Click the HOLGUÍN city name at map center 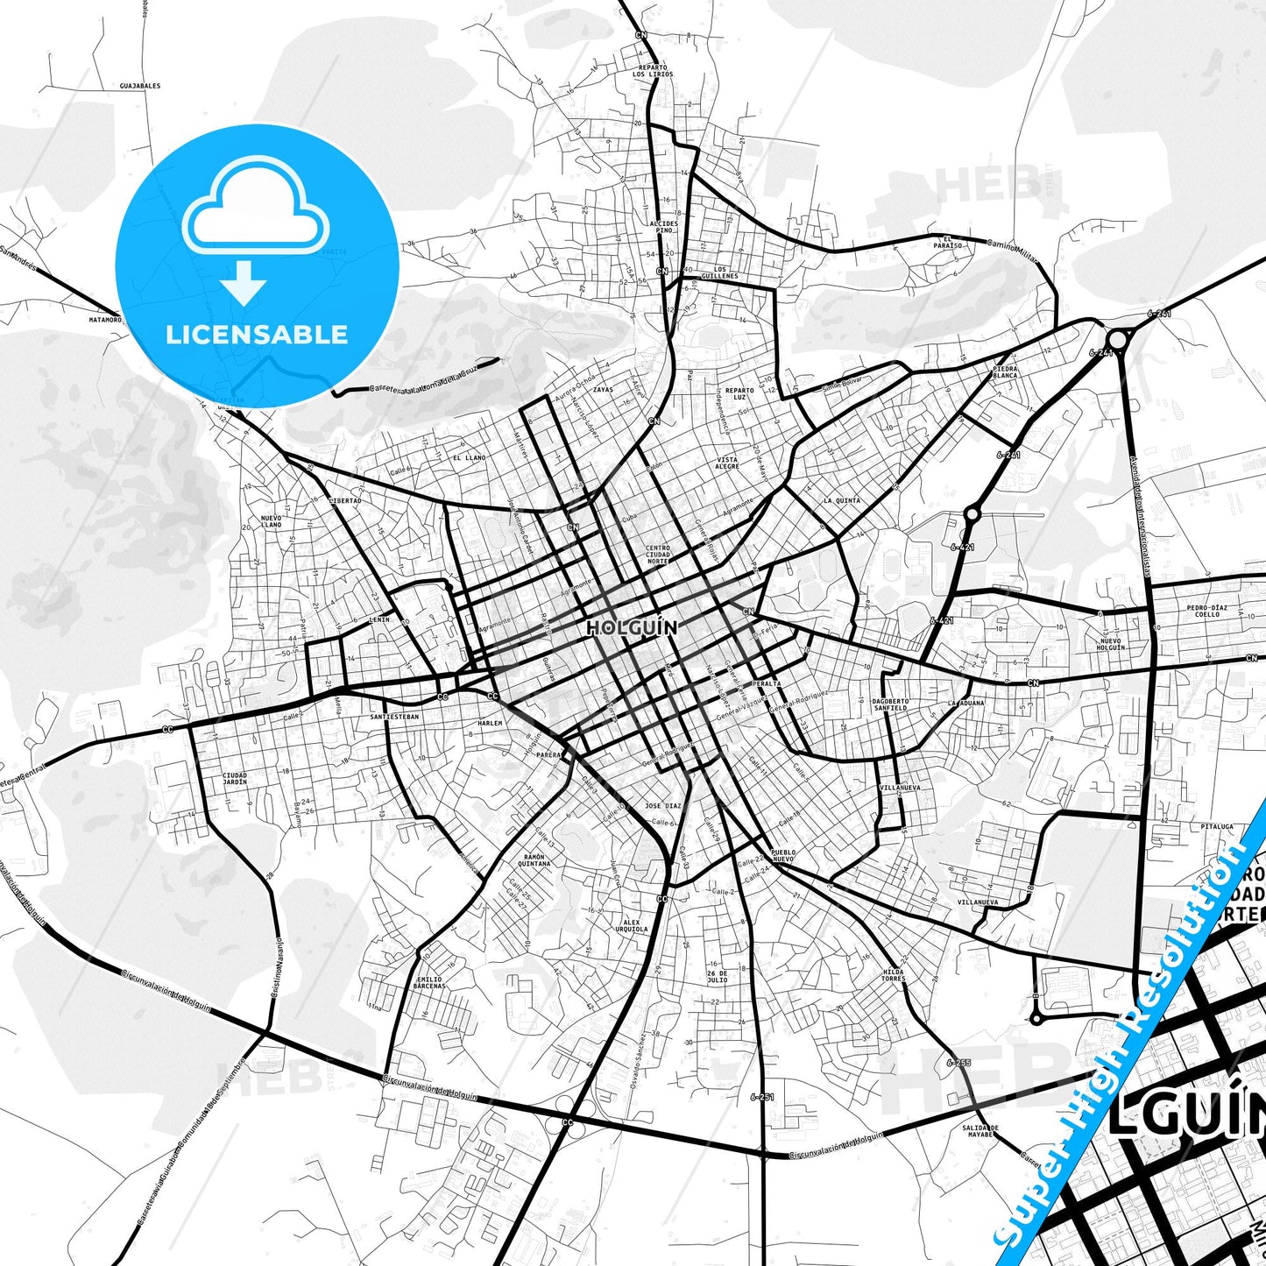[632, 628]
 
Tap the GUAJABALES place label [140, 86]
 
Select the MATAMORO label [104, 320]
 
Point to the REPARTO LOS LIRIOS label [653, 71]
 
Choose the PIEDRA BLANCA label [1005, 371]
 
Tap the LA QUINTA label [841, 501]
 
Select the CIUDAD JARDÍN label [235, 778]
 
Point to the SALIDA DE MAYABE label [980, 1130]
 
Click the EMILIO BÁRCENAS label [430, 982]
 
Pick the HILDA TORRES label [893, 975]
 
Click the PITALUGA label [1217, 826]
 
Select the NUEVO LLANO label [272, 521]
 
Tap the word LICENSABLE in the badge [257, 334]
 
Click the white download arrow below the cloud [244, 282]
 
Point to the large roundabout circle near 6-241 [1117, 338]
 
